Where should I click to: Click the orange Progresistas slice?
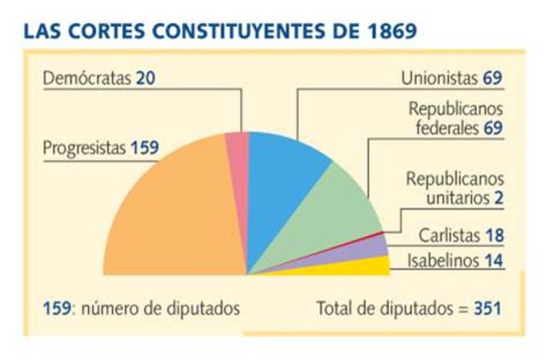tap(171, 214)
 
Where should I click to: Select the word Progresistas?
tap(84, 148)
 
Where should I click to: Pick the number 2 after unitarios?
tap(497, 198)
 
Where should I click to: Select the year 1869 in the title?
tap(387, 33)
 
